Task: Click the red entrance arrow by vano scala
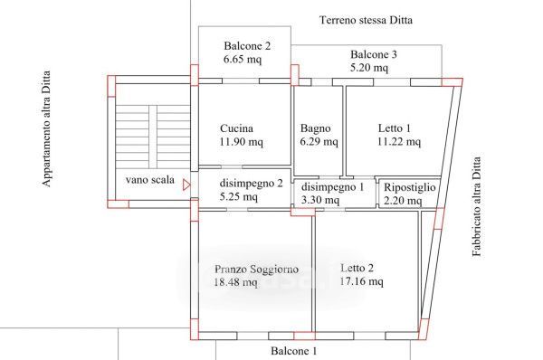point(186,185)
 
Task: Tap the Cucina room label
point(236,128)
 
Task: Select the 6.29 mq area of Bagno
point(319,142)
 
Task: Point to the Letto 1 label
point(394,128)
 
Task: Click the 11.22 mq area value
point(399,142)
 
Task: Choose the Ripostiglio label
point(410,187)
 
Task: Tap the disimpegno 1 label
point(332,187)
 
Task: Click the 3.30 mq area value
point(320,200)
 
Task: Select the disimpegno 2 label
point(251,183)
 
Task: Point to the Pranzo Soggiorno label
point(257,269)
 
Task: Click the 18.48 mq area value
point(236,282)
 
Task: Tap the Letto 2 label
point(357,268)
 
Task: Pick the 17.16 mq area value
point(361,281)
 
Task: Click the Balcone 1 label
point(293,351)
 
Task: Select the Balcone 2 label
point(247,46)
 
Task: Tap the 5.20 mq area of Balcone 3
point(369,68)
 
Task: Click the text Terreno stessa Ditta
point(366,20)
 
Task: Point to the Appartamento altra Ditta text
point(46,128)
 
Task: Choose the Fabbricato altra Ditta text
point(477,206)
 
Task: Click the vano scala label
point(150,180)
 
